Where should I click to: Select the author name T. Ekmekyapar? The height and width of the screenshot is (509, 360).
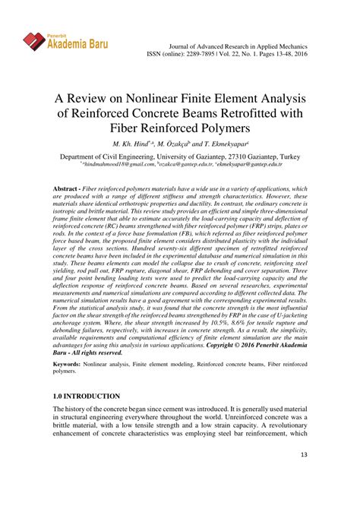[238, 144]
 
